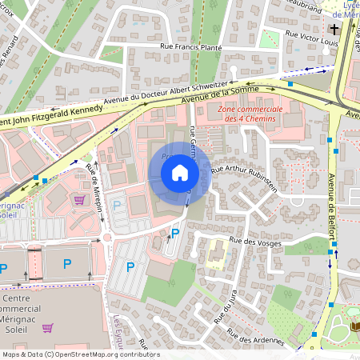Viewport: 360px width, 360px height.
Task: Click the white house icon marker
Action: point(180,173)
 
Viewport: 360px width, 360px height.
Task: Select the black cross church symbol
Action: point(334,26)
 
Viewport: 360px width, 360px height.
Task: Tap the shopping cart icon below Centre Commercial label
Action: point(47,327)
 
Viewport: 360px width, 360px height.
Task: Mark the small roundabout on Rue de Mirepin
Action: point(106,237)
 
